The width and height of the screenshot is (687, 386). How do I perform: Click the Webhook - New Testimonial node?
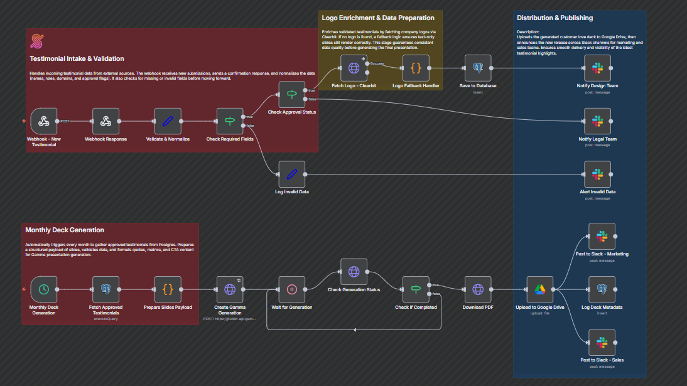coord(43,121)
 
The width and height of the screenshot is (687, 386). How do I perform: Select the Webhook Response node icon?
coord(105,121)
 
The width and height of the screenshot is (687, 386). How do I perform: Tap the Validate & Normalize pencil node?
coord(168,121)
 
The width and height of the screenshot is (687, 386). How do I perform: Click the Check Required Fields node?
coord(230,121)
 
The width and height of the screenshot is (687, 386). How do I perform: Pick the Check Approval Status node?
coord(291,95)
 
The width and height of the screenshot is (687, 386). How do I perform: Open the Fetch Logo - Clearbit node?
coord(354,68)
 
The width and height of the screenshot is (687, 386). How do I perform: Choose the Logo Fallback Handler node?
coord(416,68)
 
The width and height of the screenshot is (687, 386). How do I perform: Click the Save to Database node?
coord(477,68)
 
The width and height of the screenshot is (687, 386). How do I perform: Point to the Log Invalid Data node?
coord(291,174)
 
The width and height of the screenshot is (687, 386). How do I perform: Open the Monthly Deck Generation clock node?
coord(43,289)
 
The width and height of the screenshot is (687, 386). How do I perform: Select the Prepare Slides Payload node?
coord(168,289)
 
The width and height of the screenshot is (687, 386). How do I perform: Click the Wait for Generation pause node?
coord(291,289)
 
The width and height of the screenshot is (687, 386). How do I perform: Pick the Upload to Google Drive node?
coord(539,289)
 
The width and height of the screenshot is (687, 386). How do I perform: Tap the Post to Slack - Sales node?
coord(602,342)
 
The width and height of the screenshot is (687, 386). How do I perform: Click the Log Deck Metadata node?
coord(602,289)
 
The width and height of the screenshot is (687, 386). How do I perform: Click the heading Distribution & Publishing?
coord(554,18)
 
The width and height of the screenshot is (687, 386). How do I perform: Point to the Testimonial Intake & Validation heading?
coord(77,59)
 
